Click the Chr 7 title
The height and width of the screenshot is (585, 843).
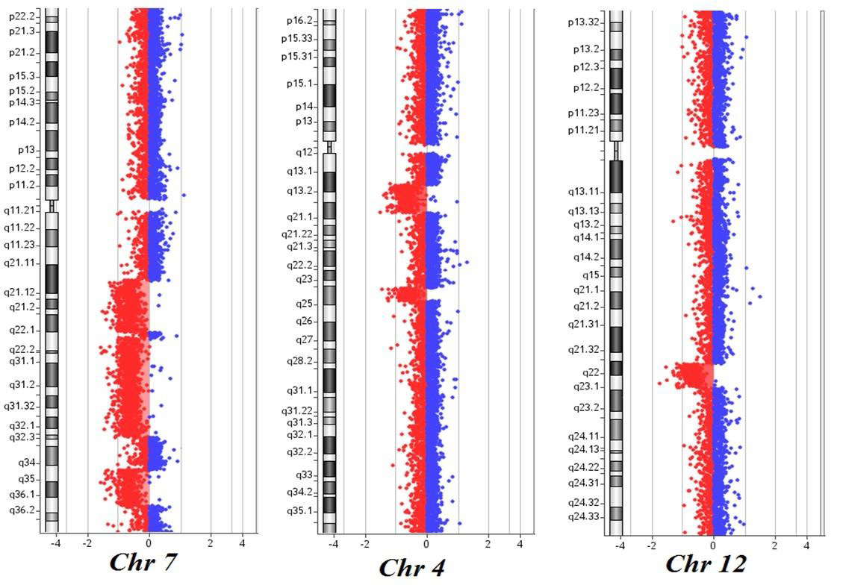[143, 562]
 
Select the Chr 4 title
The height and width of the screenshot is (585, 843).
[411, 567]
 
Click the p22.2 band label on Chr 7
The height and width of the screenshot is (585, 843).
[22, 16]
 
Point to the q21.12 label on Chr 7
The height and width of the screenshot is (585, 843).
[19, 292]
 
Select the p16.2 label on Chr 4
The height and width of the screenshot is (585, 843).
[299, 21]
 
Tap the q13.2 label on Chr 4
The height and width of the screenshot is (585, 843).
[300, 191]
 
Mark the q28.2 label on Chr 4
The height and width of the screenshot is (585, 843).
[300, 361]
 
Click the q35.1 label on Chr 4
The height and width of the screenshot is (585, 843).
[300, 510]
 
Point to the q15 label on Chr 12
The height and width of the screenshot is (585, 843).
[591, 275]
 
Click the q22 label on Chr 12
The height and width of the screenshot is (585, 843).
[591, 372]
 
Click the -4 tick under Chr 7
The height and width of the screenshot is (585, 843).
[55, 543]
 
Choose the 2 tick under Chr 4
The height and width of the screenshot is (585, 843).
[488, 544]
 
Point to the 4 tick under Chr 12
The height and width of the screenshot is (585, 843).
[806, 545]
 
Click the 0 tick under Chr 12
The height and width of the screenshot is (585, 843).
[713, 545]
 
